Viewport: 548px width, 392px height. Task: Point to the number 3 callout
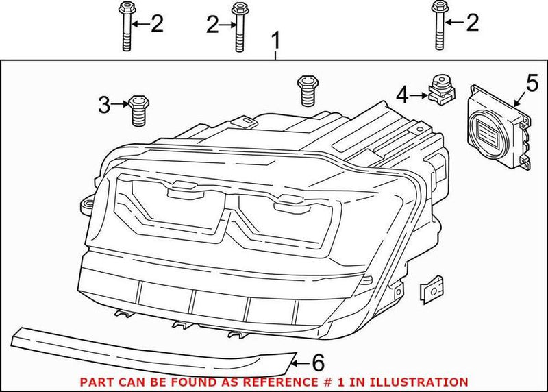coord(103,105)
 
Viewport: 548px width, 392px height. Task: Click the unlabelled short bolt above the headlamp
coord(305,92)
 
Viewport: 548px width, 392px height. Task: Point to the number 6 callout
coord(316,361)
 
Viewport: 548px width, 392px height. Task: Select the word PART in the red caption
coord(95,381)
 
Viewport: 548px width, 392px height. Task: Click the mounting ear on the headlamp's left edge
coord(87,204)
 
